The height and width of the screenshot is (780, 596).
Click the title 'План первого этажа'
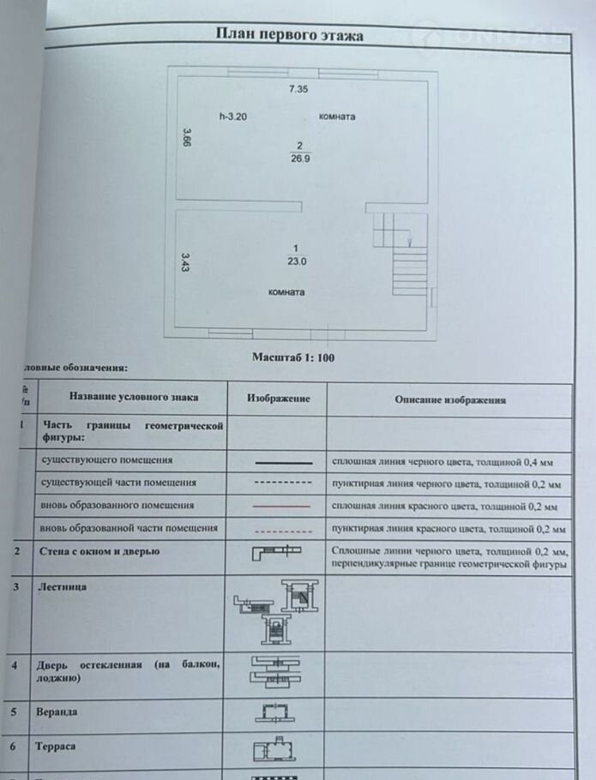tap(289, 35)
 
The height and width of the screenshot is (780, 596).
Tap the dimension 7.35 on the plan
tap(298, 89)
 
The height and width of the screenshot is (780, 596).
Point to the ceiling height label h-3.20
tap(232, 117)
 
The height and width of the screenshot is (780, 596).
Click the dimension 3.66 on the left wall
tap(185, 137)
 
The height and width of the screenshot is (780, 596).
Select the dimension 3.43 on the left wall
tap(184, 261)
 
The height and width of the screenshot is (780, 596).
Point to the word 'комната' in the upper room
tap(337, 117)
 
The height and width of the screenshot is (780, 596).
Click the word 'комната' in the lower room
tap(286, 291)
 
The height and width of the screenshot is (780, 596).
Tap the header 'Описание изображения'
tap(450, 399)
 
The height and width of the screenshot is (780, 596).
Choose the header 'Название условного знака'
tap(134, 398)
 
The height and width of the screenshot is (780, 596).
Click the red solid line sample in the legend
tap(282, 507)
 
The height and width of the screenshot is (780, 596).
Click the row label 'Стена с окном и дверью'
tap(98, 551)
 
